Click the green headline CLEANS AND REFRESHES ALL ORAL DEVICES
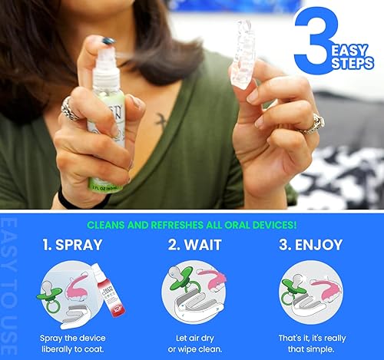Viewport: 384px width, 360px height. (x=192, y=225)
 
